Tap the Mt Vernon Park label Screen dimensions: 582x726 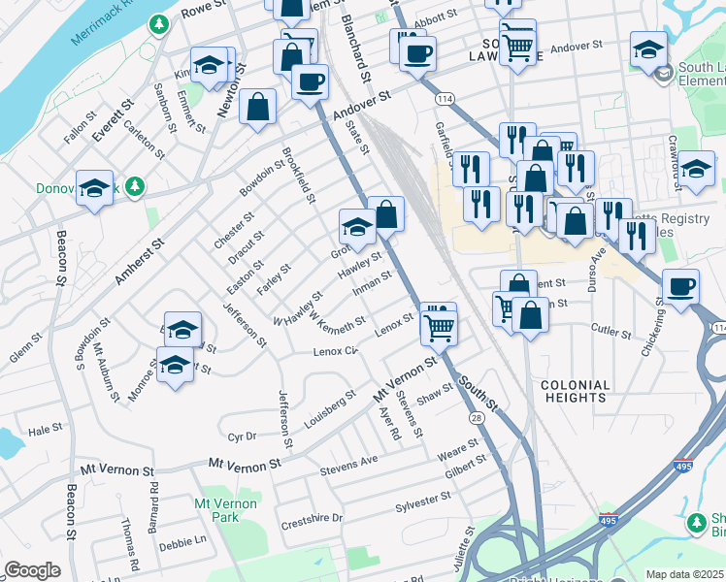coord(226,510)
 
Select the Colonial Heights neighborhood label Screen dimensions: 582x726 coord(576,391)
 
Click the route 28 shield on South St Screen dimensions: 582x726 coord(477,416)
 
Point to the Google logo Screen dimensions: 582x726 coord(32,570)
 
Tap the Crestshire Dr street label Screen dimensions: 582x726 coord(312,518)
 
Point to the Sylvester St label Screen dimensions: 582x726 coord(423,502)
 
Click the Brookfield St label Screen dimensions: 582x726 coord(298,176)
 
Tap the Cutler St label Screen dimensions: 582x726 coord(611,331)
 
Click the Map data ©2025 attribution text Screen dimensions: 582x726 coord(684,574)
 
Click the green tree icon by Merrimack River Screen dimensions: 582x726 coord(157,22)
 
